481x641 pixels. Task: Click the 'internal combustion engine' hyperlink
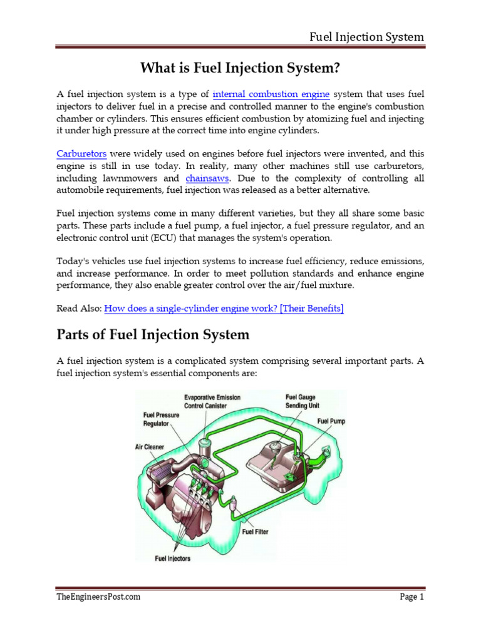point(271,95)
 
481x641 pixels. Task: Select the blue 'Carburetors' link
point(81,153)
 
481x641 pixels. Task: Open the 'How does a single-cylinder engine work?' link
point(224,308)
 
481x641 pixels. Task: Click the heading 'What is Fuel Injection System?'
point(240,66)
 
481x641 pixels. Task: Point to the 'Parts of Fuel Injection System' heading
point(153,335)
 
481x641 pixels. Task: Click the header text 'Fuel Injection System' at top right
point(367,37)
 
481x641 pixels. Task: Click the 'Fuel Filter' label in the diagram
point(255,532)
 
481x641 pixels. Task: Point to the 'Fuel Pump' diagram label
point(331,422)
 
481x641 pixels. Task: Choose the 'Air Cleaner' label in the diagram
point(150,447)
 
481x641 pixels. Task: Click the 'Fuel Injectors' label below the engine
point(173,558)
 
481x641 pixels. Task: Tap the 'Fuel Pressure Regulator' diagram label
point(161,419)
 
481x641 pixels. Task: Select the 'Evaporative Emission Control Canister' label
point(212,401)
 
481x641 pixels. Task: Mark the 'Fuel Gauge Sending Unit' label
point(303,401)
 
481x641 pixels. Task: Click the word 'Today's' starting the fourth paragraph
point(74,260)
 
